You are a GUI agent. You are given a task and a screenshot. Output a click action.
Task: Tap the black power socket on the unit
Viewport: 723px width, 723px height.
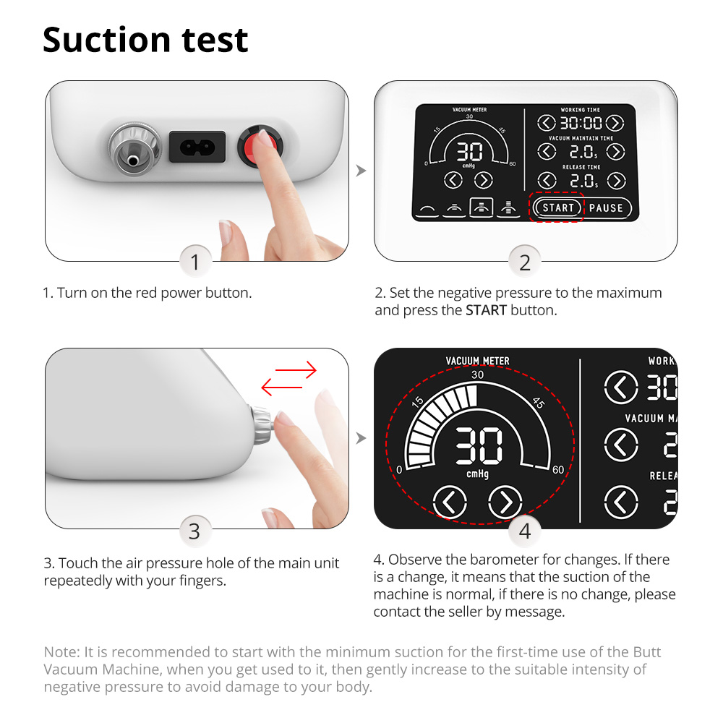(197, 147)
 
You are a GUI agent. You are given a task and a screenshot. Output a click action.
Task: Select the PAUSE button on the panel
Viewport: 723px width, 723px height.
(606, 208)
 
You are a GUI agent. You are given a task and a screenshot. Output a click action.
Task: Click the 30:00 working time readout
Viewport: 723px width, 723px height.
(581, 123)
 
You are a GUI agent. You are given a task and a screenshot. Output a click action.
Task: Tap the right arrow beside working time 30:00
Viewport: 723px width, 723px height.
(615, 123)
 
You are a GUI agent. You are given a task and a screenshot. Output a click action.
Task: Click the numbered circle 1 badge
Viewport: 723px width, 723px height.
(195, 262)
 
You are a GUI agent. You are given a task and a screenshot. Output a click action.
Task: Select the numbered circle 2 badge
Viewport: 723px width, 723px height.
(525, 262)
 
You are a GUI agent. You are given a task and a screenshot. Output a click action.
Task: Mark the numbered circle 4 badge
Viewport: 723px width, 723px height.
(525, 531)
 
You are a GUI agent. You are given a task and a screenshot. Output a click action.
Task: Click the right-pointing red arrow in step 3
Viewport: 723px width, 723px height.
(296, 369)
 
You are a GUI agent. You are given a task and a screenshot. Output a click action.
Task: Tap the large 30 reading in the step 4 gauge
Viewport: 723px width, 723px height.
(479, 445)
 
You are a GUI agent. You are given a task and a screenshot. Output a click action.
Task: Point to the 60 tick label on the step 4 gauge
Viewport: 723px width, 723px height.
(558, 470)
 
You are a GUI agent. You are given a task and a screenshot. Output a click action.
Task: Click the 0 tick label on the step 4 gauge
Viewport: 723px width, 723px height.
(399, 470)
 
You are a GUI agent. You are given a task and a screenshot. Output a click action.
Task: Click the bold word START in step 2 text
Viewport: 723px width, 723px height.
(486, 310)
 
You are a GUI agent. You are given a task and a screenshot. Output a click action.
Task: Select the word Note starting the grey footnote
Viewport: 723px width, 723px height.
(61, 652)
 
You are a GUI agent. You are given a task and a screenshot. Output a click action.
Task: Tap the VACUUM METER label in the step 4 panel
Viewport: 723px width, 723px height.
(478, 361)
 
